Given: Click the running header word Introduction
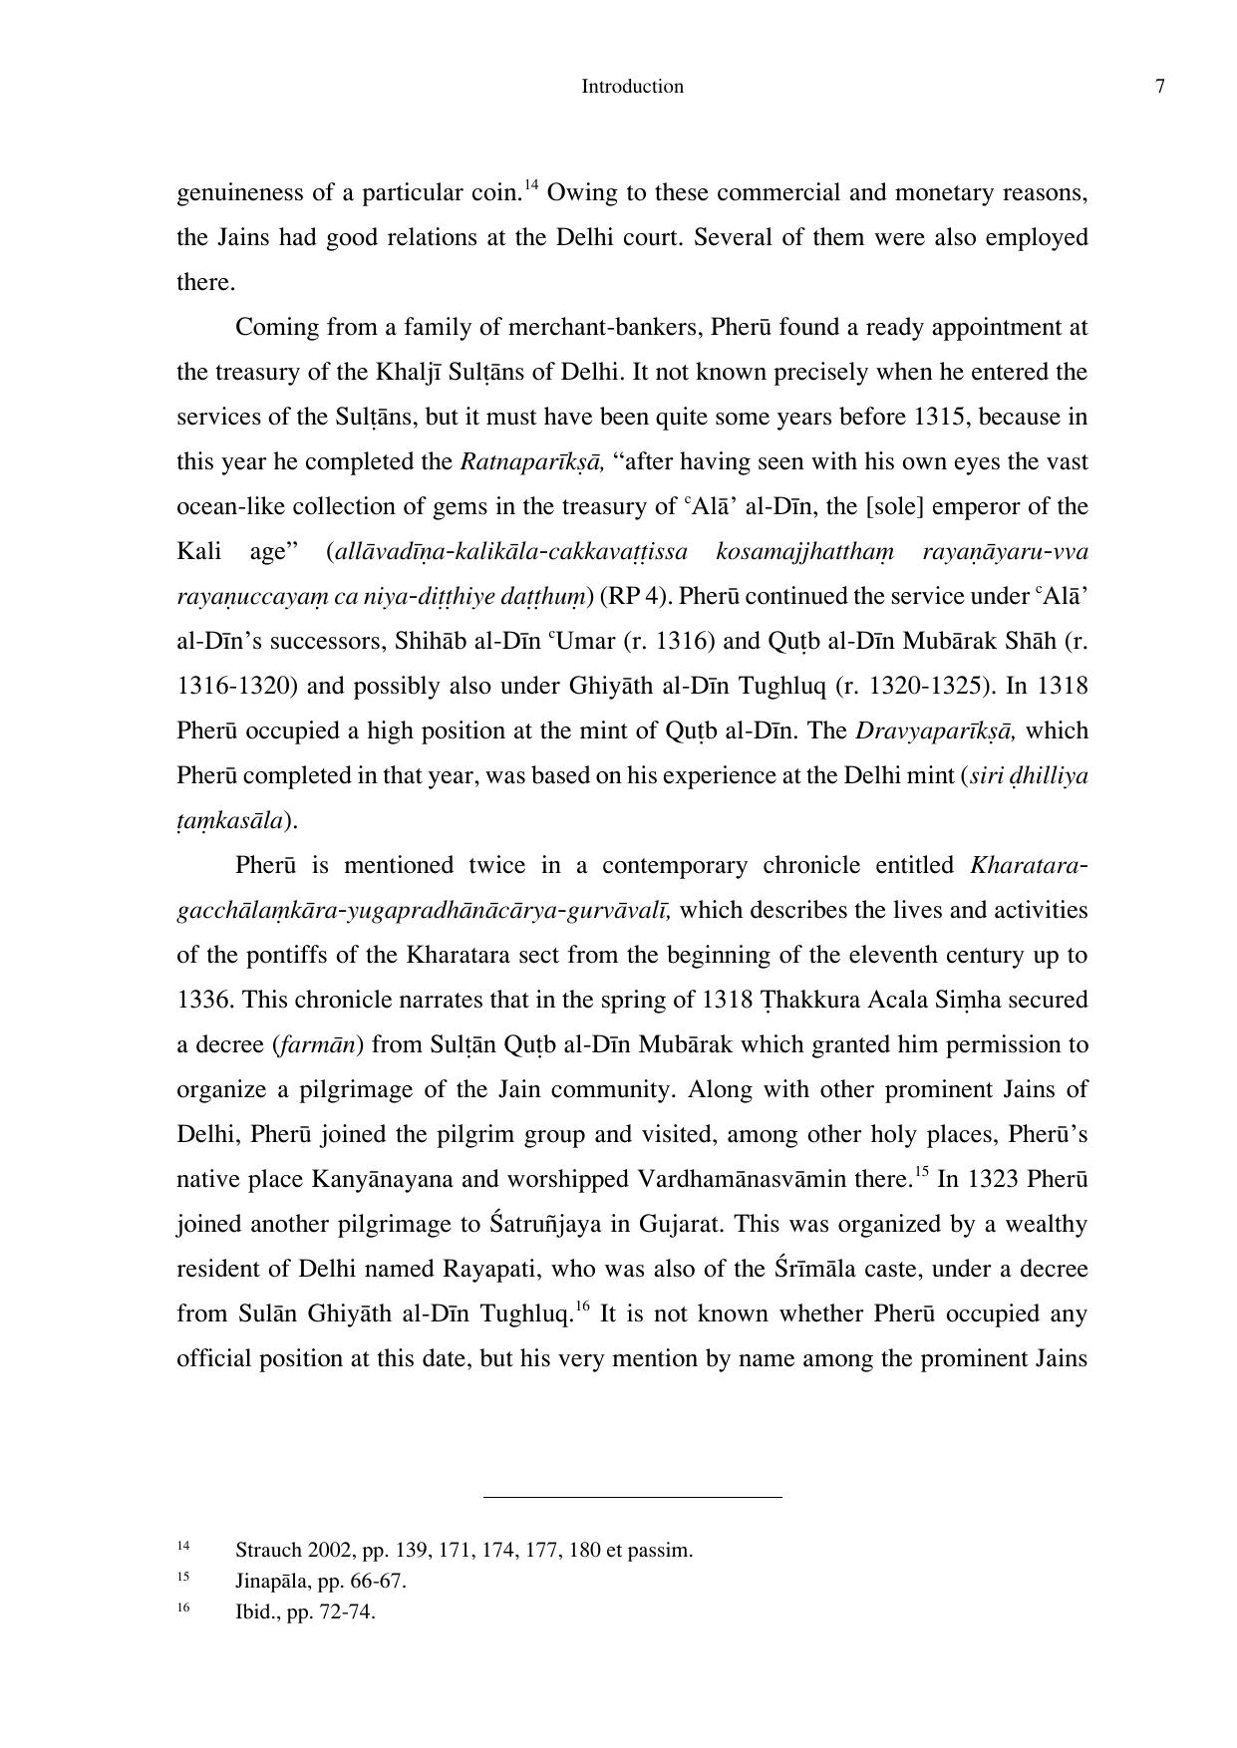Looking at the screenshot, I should tap(632, 87).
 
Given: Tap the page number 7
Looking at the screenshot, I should tap(1159, 87).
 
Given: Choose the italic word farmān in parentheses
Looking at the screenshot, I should tap(318, 1045).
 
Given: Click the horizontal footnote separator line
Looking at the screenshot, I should tap(632, 1497).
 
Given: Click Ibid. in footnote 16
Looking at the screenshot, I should tap(256, 1612).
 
